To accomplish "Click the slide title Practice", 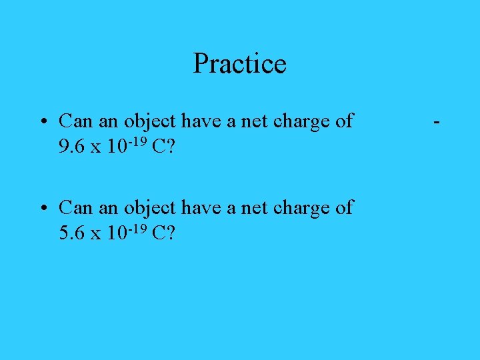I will pyautogui.click(x=239, y=64).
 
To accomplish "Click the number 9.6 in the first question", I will pyautogui.click(x=71, y=147).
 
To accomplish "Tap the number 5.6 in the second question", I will pyautogui.click(x=71, y=233).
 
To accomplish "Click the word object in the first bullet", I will pyautogui.click(x=150, y=122).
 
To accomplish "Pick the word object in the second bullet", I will pyautogui.click(x=150, y=209).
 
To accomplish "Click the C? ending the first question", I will pyautogui.click(x=163, y=147).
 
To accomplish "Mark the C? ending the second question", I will pyautogui.click(x=163, y=233).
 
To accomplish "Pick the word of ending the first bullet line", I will pyautogui.click(x=344, y=121).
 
